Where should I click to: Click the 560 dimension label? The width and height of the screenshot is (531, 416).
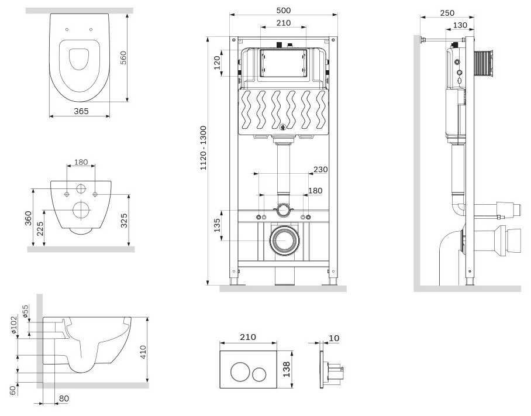tap(123, 57)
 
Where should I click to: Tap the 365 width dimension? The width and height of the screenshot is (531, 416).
tap(81, 111)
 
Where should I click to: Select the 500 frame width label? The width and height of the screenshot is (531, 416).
tap(284, 11)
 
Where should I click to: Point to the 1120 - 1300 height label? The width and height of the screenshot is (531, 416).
tap(203, 147)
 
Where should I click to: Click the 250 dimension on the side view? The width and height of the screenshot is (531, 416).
tap(447, 13)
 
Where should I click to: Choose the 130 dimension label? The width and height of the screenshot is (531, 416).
tap(460, 25)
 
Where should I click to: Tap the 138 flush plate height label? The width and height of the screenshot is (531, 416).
tap(287, 369)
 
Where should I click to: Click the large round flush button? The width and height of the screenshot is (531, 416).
tap(240, 372)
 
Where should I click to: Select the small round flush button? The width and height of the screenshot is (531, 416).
tap(260, 374)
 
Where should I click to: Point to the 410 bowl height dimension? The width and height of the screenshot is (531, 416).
tap(143, 352)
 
